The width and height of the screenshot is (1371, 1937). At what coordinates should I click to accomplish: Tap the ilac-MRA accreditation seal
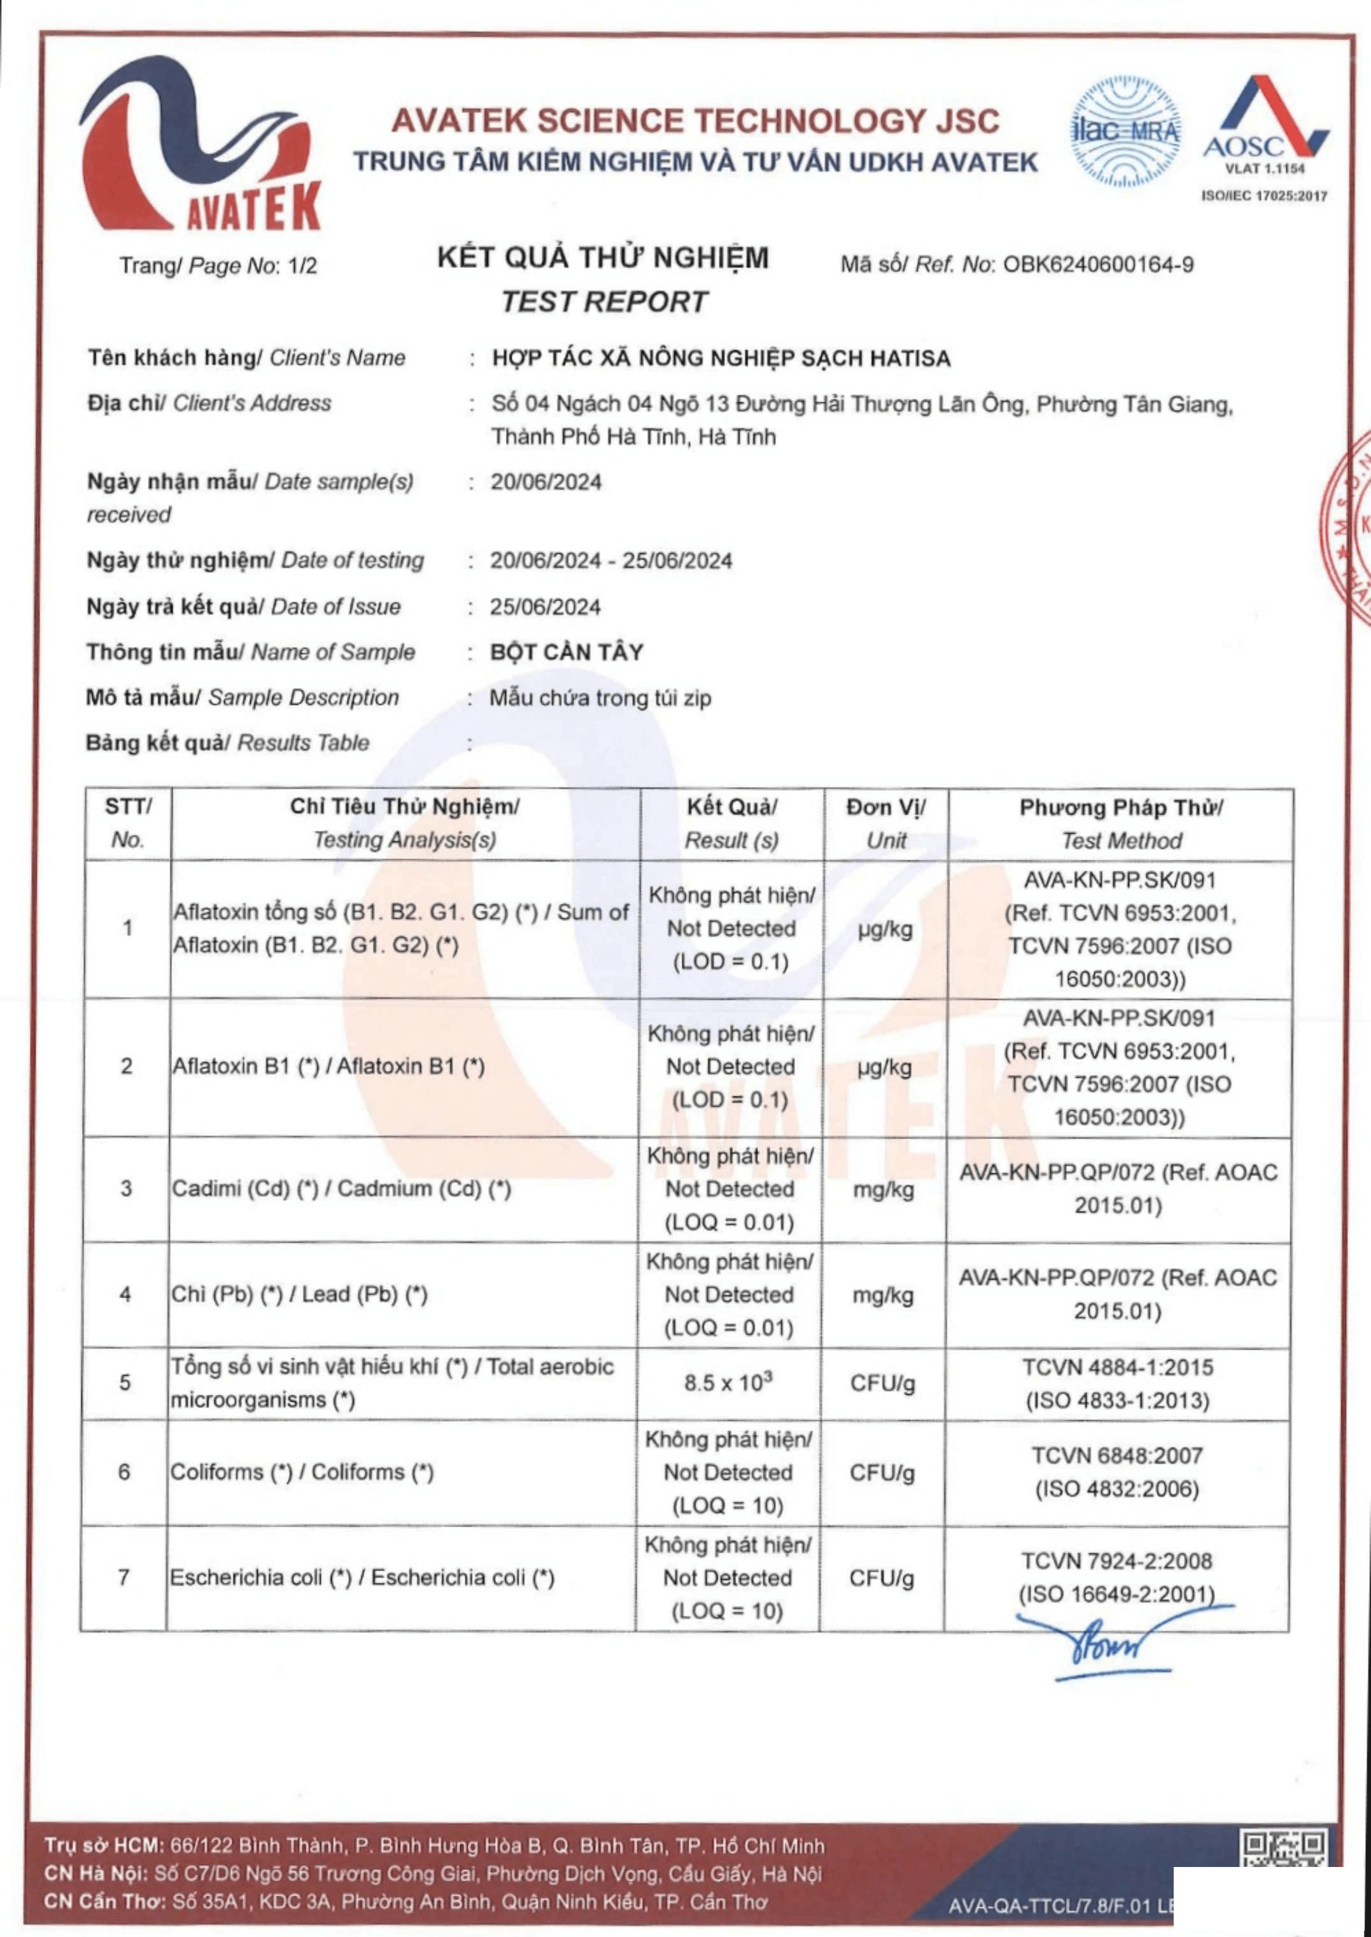[1125, 131]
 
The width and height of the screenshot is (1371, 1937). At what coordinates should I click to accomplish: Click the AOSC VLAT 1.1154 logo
[1265, 127]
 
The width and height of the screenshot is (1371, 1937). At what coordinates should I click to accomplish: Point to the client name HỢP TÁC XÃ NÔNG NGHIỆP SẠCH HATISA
[721, 359]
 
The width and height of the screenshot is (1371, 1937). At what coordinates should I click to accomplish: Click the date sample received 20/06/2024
[546, 483]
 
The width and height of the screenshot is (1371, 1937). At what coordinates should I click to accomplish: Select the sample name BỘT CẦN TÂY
[566, 652]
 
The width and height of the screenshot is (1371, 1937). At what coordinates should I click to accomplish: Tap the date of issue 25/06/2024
[545, 607]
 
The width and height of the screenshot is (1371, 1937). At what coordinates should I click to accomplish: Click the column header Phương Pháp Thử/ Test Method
[1120, 824]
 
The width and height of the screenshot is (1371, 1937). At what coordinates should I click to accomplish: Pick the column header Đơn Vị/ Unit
[885, 824]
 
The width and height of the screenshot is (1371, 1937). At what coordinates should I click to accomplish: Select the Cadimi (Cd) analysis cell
[342, 1189]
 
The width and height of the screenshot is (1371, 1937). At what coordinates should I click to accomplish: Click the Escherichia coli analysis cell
[362, 1577]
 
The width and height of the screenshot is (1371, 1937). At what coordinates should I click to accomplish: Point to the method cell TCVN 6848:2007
[1117, 1472]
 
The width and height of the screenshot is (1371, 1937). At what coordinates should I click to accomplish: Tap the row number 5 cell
[125, 1383]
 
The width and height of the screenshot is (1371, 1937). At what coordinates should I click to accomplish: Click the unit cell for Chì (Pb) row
[883, 1295]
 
